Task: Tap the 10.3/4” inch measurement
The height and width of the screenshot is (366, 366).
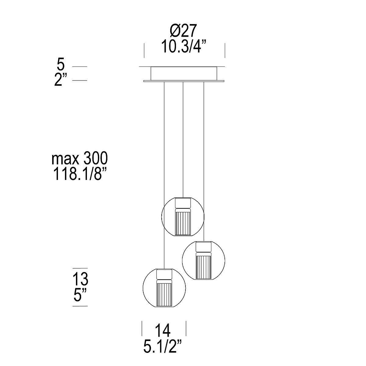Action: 184,47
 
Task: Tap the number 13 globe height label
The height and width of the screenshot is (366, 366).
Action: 80,279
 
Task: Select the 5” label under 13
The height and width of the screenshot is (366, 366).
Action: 80,295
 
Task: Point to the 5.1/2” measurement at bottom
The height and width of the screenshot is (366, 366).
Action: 163,346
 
